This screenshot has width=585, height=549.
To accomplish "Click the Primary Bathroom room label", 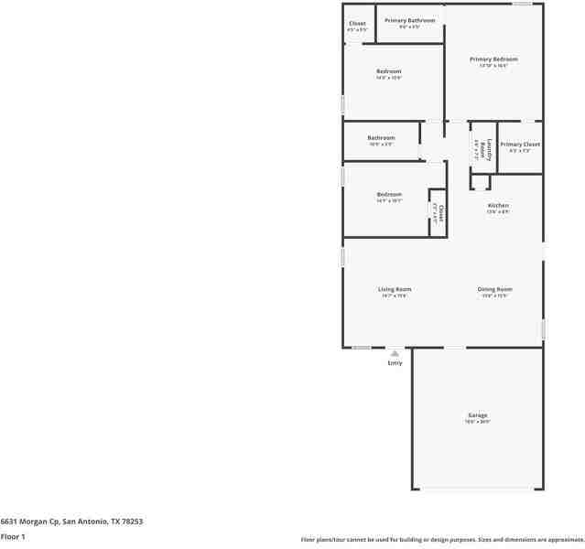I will point(409,20).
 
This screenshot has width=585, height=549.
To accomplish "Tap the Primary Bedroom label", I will point(493,59).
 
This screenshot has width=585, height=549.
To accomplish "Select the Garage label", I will point(478,415).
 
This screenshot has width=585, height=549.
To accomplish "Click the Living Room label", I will point(395,290).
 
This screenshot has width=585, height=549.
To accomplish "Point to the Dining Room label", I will point(494,290).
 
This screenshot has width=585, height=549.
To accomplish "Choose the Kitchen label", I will point(498,206).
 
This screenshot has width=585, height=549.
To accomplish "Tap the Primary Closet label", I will point(520,145).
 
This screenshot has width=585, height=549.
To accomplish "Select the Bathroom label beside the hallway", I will point(381,138).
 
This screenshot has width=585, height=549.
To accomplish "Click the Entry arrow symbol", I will point(395,352).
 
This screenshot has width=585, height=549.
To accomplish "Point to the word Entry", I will point(395,363).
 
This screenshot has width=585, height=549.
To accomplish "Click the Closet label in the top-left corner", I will point(357,24).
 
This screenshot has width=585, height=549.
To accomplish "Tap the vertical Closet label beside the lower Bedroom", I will point(440,213).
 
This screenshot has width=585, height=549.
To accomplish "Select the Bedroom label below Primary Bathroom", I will point(388,71).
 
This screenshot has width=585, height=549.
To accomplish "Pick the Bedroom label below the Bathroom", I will point(389,194).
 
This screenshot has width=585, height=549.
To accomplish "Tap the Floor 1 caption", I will point(13,536).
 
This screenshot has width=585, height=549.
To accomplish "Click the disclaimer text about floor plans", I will point(441,540).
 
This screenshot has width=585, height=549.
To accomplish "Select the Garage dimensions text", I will point(478,422).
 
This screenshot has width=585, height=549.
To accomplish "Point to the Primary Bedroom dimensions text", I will point(493,66).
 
